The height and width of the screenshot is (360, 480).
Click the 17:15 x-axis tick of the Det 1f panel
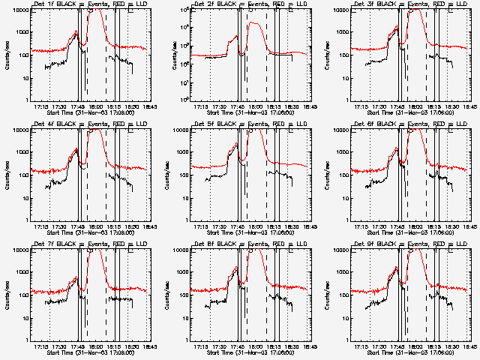point(42,106)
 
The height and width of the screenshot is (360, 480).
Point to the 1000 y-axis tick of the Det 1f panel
point(21,32)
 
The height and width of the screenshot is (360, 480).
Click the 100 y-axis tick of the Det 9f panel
point(342,295)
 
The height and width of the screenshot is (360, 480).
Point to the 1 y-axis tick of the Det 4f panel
point(27,220)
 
